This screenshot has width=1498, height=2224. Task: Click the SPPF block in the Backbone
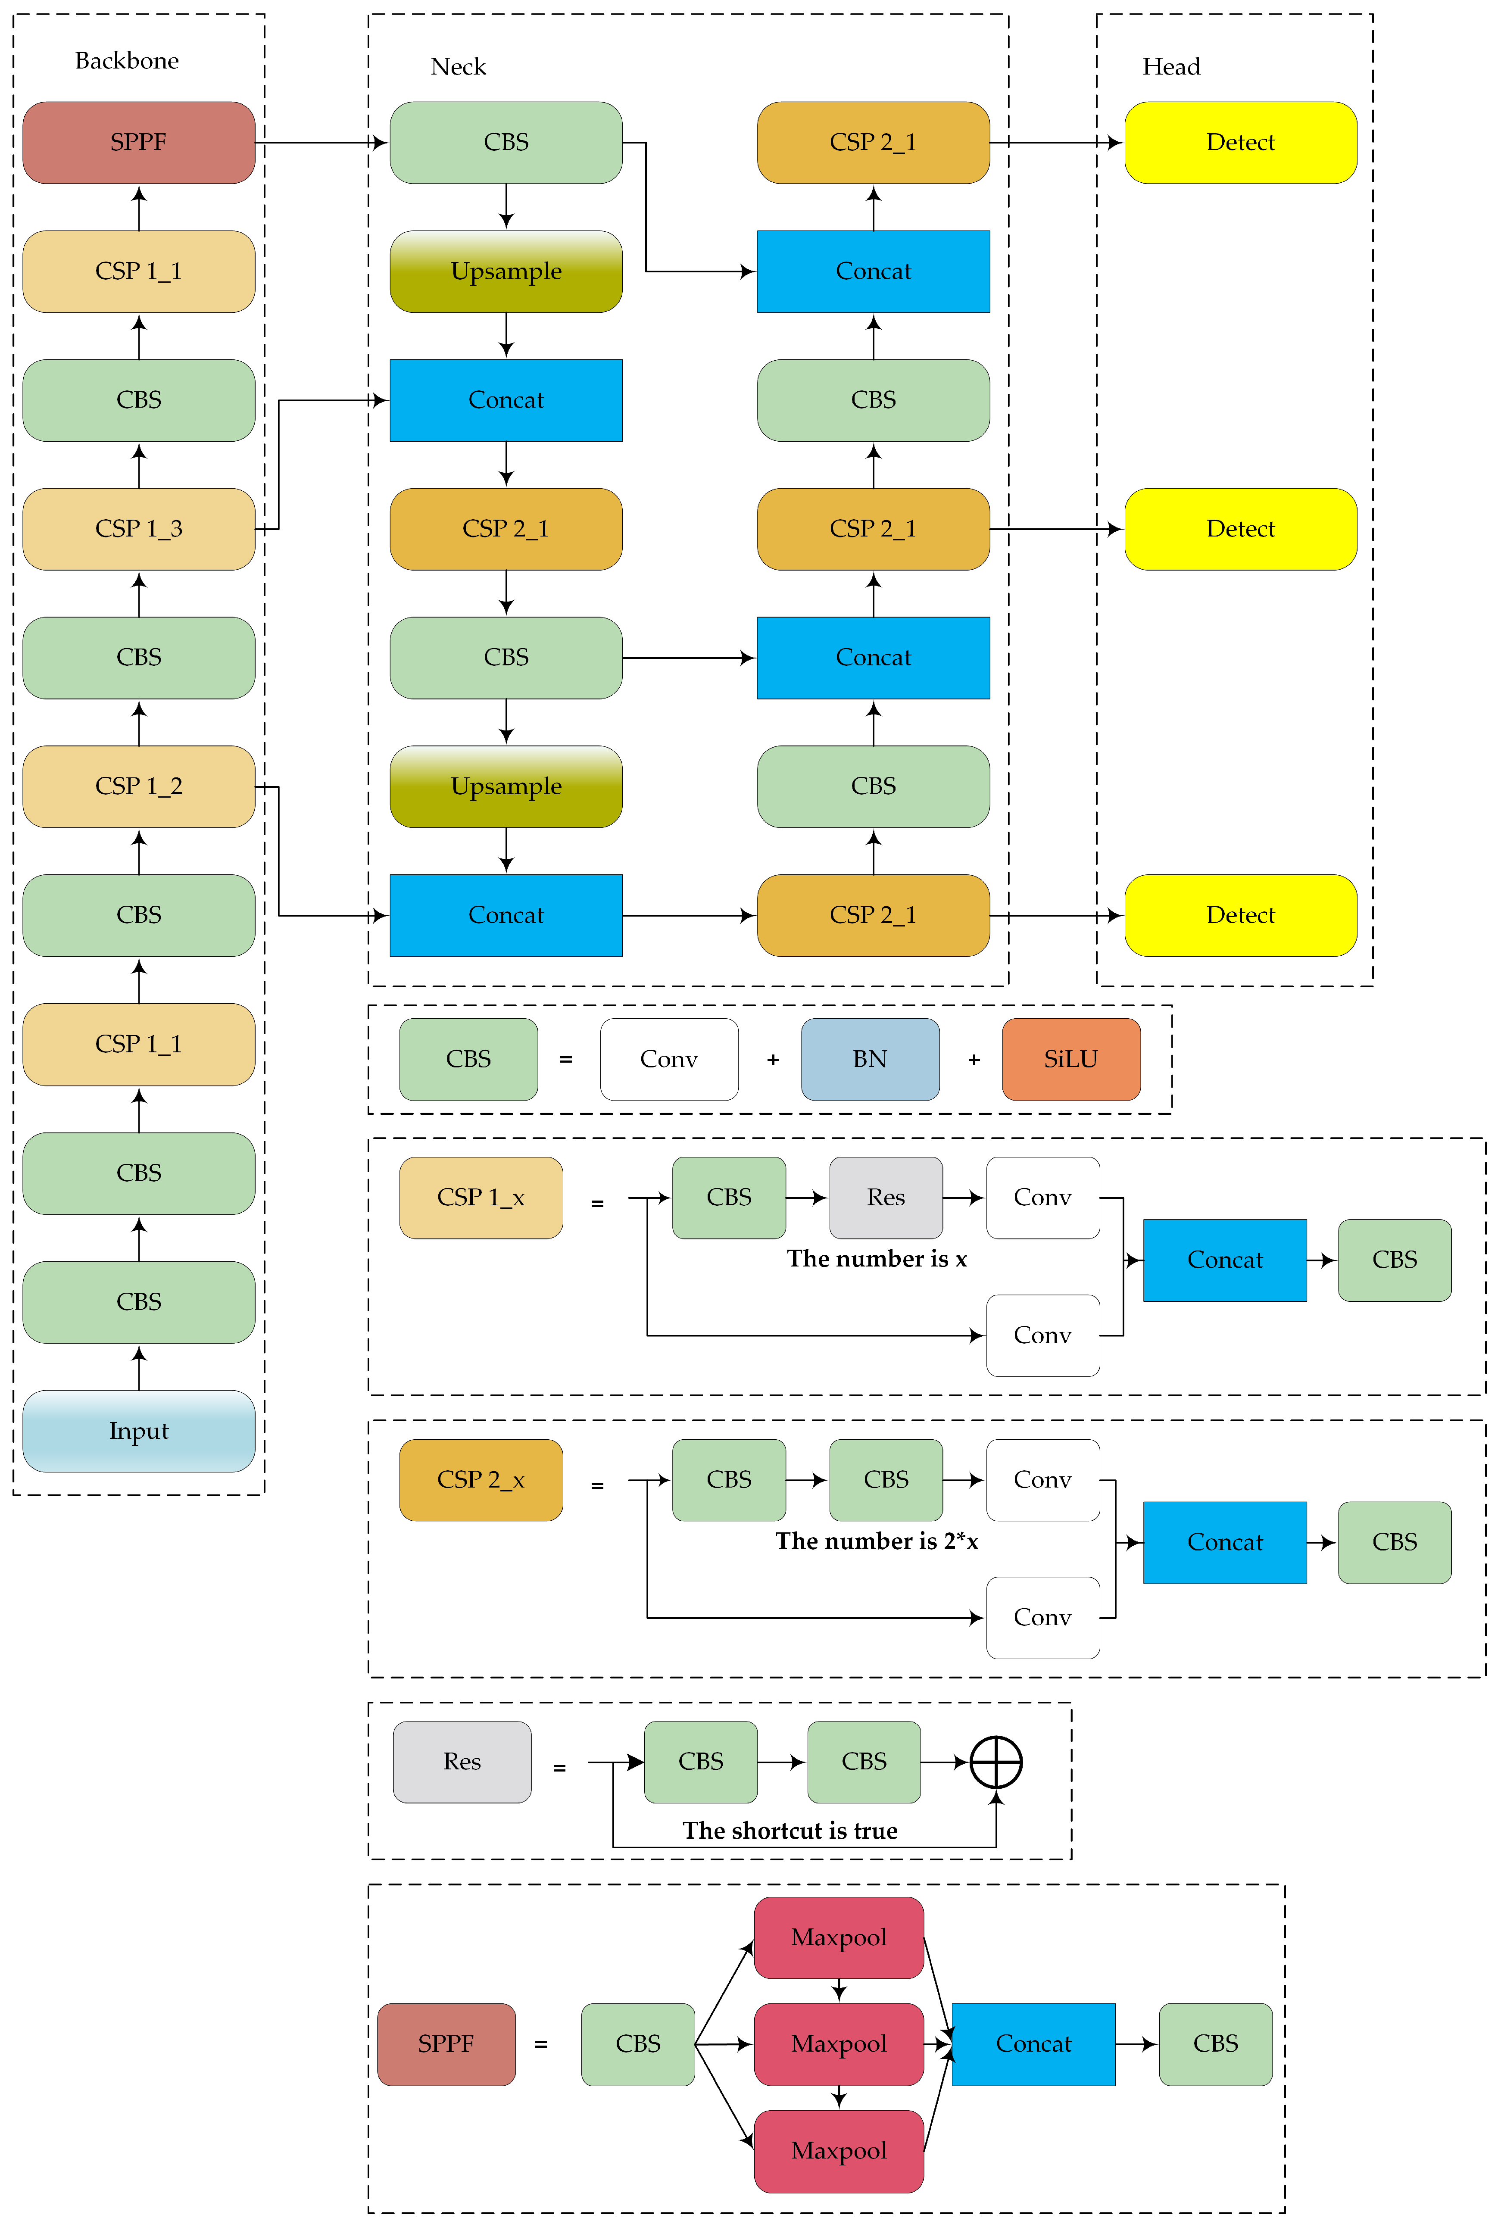pos(138,142)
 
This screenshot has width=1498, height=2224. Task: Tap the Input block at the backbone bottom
pos(138,1430)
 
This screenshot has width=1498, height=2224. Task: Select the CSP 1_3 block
pos(138,528)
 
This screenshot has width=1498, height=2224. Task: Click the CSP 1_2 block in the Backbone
pos(138,786)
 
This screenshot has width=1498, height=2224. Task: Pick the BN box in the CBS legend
pos(869,1058)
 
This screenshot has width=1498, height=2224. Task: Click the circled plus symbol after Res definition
pos(996,1762)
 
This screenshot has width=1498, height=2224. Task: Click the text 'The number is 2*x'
pos(876,1541)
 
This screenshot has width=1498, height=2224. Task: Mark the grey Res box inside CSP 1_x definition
pos(886,1197)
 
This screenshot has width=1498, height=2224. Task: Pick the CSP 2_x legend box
pos(481,1479)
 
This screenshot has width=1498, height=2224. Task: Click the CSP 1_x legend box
pos(481,1197)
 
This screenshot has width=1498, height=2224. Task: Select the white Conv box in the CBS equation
pos(669,1058)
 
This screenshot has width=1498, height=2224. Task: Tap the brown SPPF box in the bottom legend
pos(446,2043)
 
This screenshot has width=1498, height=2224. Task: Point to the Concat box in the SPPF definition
pos(1033,2043)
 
